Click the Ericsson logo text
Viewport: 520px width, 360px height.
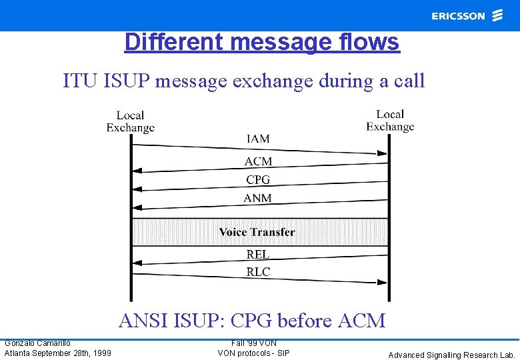pyautogui.click(x=458, y=16)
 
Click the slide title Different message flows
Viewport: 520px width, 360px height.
pyautogui.click(x=261, y=42)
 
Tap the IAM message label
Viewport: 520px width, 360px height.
pyautogui.click(x=258, y=139)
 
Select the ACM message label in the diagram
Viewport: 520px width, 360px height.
pyautogui.click(x=258, y=161)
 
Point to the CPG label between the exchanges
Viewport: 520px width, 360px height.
pyautogui.click(x=258, y=179)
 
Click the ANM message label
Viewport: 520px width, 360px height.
pyautogui.click(x=258, y=198)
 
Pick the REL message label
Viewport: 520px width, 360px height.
pyautogui.click(x=258, y=254)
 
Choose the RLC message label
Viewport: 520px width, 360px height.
pyautogui.click(x=258, y=272)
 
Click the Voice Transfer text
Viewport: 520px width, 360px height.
pyautogui.click(x=257, y=232)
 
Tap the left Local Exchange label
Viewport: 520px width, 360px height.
pyautogui.click(x=131, y=121)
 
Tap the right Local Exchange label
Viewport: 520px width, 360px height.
pyautogui.click(x=390, y=121)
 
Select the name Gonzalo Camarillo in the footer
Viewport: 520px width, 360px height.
pyautogui.click(x=37, y=343)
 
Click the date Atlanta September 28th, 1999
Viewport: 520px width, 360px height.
pyautogui.click(x=58, y=353)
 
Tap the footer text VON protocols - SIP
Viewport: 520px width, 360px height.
pyautogui.click(x=254, y=353)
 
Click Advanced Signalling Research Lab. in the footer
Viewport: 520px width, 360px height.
pyautogui.click(x=452, y=355)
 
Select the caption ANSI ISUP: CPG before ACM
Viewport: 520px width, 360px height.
pyautogui.click(x=252, y=321)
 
